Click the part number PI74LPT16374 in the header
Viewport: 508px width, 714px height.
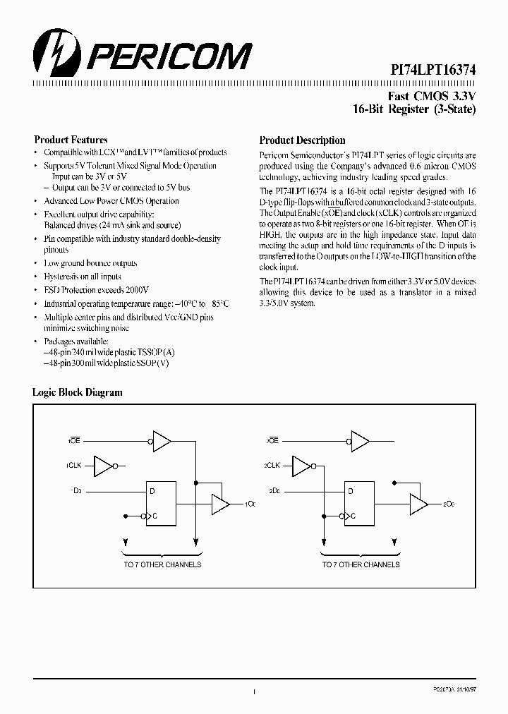434,71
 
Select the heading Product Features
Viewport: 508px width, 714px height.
71,140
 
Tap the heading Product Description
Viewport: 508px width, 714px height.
302,140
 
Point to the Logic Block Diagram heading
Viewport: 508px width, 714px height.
78,392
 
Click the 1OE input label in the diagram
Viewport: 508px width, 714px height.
74,440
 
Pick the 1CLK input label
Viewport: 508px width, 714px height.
75,466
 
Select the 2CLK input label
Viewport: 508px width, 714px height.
272,466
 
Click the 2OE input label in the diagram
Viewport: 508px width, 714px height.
272,440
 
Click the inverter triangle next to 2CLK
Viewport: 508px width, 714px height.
301,466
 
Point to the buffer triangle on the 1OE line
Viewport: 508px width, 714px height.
162,441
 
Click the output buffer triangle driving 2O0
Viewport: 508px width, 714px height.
418,504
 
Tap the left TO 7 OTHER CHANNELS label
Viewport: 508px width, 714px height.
162,564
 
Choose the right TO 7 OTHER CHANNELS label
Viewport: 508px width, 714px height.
361,564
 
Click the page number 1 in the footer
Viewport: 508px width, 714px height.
253,693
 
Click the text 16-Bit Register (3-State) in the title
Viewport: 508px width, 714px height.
414,109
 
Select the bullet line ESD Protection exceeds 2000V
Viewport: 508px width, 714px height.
97,290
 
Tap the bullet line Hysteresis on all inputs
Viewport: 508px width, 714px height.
83,277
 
